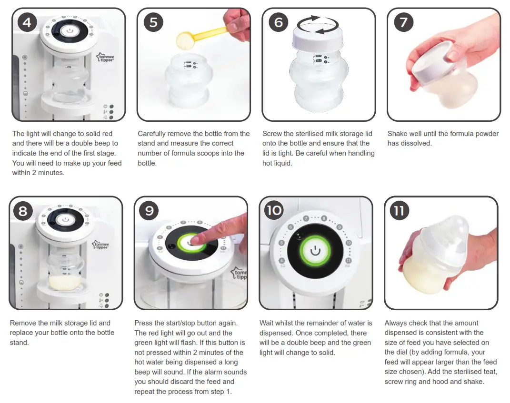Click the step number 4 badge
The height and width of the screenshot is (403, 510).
pyautogui.click(x=27, y=22)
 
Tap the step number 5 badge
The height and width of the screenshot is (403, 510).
pyautogui.click(x=153, y=22)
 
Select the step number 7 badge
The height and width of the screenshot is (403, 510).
pyautogui.click(x=403, y=22)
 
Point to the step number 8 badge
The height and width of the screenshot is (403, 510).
pyautogui.click(x=23, y=210)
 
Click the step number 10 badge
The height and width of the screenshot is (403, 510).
pyautogui.click(x=274, y=210)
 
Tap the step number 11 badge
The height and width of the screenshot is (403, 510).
pyautogui.click(x=399, y=210)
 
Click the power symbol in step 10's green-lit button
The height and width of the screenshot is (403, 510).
pyautogui.click(x=315, y=250)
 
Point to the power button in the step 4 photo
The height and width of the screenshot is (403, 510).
pyautogui.click(x=70, y=30)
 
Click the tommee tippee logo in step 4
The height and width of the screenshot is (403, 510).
pyautogui.click(x=105, y=59)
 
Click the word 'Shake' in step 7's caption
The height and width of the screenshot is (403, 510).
pyautogui.click(x=398, y=134)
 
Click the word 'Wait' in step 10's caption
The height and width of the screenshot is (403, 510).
pyautogui.click(x=267, y=323)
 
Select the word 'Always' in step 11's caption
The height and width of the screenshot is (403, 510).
pyautogui.click(x=396, y=323)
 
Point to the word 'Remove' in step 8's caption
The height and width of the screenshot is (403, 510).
pyautogui.click(x=23, y=323)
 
